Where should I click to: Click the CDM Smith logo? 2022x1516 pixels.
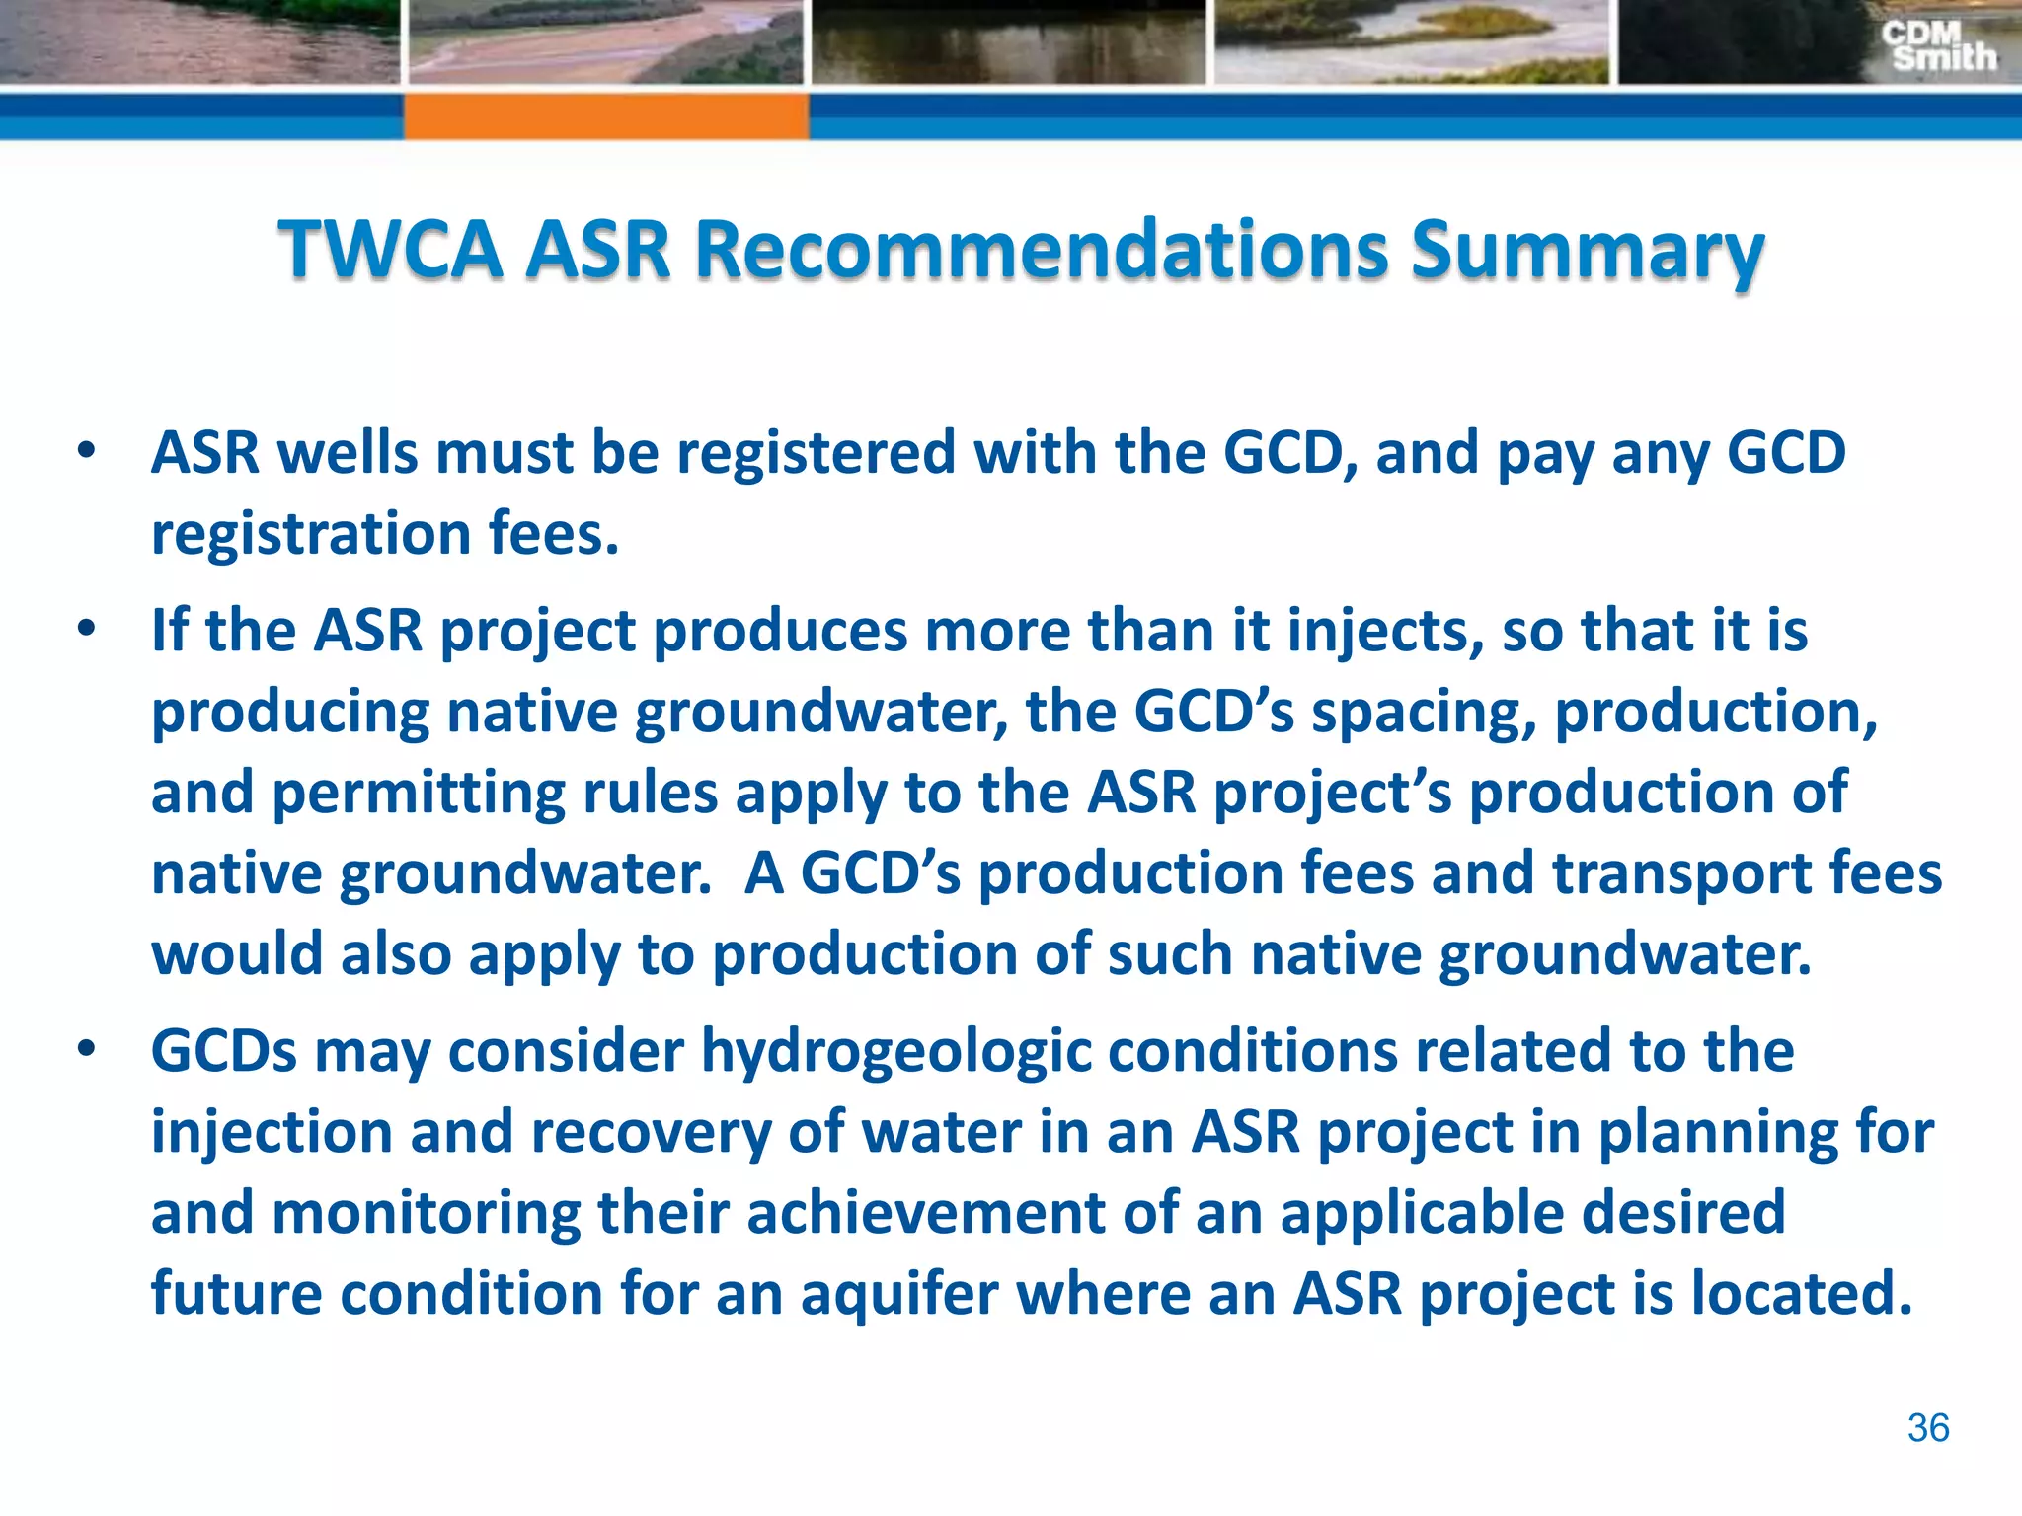(x=1938, y=46)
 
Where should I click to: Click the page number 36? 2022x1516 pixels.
(x=1927, y=1428)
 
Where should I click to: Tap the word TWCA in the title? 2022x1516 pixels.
(x=389, y=249)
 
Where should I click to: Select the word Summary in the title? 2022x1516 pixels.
(x=1587, y=251)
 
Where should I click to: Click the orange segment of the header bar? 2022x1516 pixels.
(x=606, y=115)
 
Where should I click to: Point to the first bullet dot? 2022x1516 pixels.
(x=87, y=452)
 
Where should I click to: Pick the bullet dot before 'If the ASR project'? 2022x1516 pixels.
(x=87, y=629)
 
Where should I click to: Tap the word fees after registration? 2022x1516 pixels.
(x=553, y=534)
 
